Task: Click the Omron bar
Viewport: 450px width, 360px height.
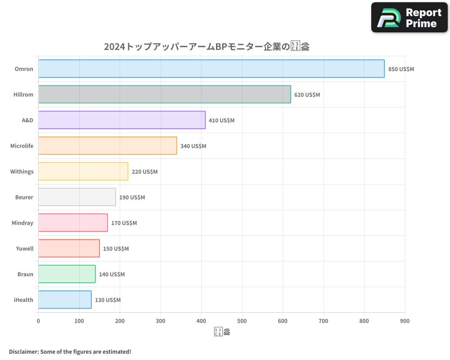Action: point(211,69)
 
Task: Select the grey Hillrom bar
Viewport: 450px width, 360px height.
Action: point(164,94)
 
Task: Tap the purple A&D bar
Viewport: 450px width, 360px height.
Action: point(121,120)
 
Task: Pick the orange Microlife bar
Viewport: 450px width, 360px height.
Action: point(108,146)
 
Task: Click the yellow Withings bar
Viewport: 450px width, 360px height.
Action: point(83,171)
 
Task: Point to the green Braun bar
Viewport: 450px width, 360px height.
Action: point(67,274)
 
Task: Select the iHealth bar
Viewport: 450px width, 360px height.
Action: point(65,300)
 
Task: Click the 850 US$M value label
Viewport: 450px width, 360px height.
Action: point(401,69)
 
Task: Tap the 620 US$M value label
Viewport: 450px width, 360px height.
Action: point(307,95)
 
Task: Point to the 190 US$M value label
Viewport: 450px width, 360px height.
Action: point(132,198)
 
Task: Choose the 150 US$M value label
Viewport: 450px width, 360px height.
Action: point(116,249)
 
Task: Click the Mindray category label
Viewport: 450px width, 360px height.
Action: point(22,223)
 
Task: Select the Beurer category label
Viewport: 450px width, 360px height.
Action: point(24,197)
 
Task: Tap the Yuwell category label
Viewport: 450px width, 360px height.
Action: point(25,248)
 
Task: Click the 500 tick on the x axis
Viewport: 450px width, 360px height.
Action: point(242,321)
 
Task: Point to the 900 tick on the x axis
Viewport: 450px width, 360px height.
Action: point(405,321)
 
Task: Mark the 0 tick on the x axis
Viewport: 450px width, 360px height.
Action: point(38,321)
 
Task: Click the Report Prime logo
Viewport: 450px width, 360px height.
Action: point(409,18)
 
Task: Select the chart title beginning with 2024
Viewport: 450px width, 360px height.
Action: point(207,47)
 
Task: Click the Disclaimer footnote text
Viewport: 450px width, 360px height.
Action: point(70,351)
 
